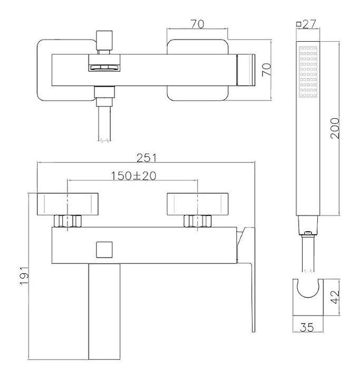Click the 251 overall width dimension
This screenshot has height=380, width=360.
(x=147, y=158)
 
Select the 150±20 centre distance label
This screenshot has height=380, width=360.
(x=133, y=176)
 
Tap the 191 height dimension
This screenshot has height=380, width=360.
(x=24, y=276)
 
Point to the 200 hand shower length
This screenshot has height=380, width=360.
(x=335, y=128)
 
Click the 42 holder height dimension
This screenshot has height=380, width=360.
(x=336, y=297)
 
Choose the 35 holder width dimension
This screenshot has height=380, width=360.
(x=307, y=327)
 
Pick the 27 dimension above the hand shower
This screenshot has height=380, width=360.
(x=309, y=24)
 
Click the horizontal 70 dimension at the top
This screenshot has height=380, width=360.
(x=197, y=24)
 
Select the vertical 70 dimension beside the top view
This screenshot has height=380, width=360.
(x=266, y=70)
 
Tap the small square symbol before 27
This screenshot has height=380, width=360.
(x=299, y=24)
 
